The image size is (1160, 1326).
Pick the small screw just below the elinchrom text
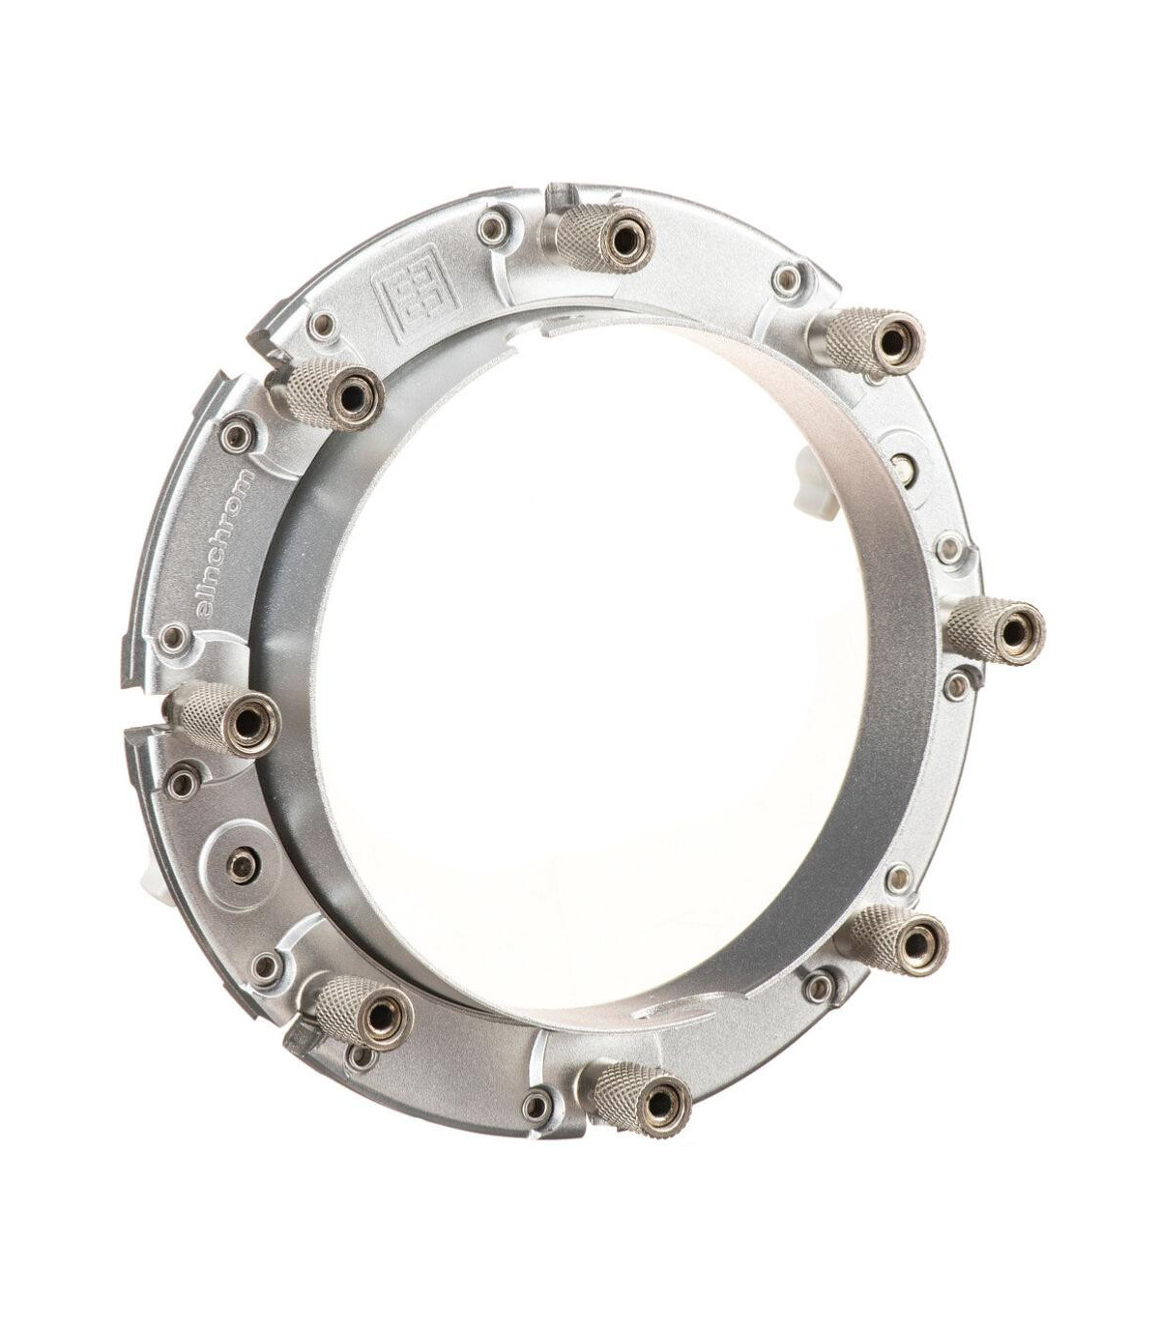click(174, 636)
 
